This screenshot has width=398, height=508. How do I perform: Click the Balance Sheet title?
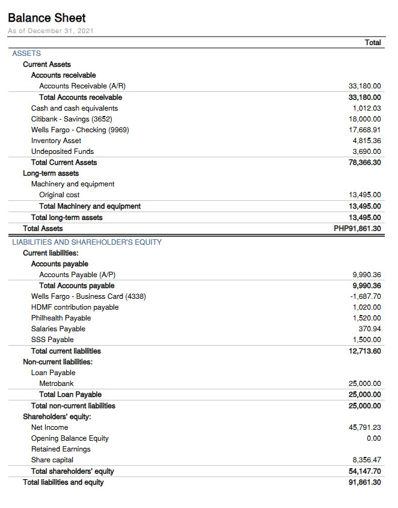click(x=47, y=18)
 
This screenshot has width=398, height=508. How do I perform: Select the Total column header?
click(x=373, y=43)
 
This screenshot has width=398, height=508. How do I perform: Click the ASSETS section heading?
click(x=26, y=54)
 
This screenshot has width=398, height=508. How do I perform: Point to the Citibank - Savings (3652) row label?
click(x=72, y=119)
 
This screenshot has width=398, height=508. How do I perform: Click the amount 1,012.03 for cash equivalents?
click(x=367, y=108)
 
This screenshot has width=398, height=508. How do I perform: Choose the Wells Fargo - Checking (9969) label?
click(x=80, y=130)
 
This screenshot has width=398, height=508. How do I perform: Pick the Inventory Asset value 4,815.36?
click(x=367, y=141)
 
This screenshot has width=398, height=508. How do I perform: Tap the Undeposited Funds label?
click(x=63, y=151)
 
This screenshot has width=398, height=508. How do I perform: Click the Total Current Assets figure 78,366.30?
click(x=365, y=162)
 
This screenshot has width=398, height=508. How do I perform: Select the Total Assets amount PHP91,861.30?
click(x=358, y=228)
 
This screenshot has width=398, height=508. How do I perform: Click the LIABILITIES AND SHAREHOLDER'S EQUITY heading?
click(x=87, y=242)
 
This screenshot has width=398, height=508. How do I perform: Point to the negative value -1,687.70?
click(x=366, y=296)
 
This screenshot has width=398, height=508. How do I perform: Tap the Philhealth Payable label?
click(x=61, y=318)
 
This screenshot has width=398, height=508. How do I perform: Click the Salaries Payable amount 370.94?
click(x=369, y=329)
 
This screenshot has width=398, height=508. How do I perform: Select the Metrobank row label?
click(x=57, y=384)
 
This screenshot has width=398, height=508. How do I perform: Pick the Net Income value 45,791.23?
click(x=365, y=427)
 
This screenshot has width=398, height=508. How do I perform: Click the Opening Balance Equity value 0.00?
click(x=373, y=438)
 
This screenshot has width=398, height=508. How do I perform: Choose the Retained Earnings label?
click(x=61, y=449)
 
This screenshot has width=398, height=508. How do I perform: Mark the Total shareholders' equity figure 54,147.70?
click(x=365, y=471)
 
